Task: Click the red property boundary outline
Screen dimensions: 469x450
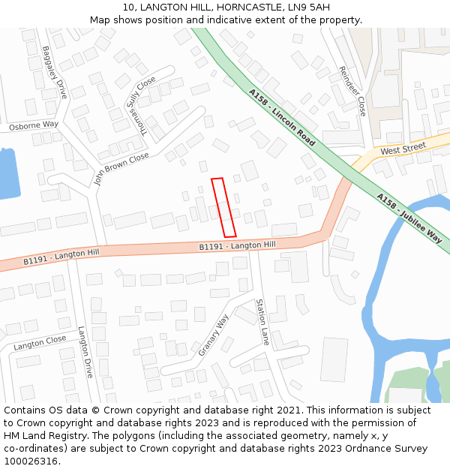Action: point(223,207)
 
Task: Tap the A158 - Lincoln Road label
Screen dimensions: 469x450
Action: point(281,117)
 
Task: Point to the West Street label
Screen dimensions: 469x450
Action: point(403,149)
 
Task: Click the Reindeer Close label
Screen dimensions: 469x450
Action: point(352,90)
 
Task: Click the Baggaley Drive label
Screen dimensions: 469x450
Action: point(55,73)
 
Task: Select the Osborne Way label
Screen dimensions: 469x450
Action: point(33,125)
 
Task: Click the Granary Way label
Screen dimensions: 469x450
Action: point(214,335)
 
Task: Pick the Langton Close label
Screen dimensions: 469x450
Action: point(40,343)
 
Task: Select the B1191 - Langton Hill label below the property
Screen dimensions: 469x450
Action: point(237,245)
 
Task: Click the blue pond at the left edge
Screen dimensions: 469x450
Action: point(7,173)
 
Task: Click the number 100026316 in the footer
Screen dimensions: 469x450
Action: point(31,461)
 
